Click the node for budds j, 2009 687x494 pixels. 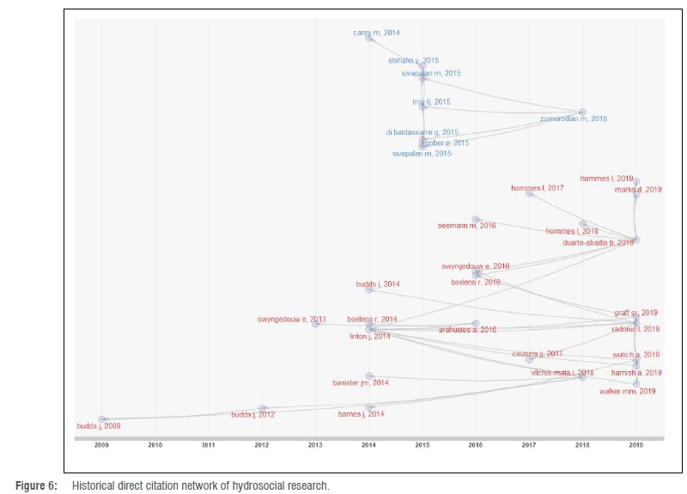coord(102,419)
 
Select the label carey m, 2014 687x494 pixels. coord(377,33)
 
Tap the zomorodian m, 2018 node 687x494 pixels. coord(582,112)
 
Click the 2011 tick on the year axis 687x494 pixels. coord(208,445)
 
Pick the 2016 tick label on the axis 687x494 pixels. coord(475,445)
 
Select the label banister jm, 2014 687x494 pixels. coord(361,382)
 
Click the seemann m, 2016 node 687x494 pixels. coord(476,219)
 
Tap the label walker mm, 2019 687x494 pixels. coord(627,391)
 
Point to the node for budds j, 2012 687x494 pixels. coord(262,409)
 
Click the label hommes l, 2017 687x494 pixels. coord(537,187)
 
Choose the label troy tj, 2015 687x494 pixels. coord(431,102)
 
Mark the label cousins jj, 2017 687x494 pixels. coord(538,354)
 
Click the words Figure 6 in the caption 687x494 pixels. coord(40,486)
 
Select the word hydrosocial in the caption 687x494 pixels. coord(262,486)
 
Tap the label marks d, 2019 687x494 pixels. coord(638,189)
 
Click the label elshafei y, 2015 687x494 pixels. coord(413,60)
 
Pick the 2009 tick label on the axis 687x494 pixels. coord(101,445)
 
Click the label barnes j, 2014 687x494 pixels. coord(361,414)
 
